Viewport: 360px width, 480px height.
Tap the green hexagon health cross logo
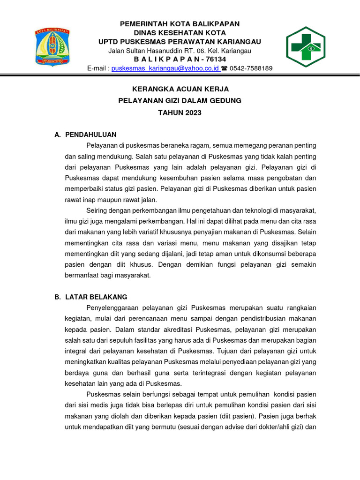pos(306,47)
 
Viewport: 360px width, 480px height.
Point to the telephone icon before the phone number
pos(224,68)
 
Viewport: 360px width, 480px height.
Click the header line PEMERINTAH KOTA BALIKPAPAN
pos(180,24)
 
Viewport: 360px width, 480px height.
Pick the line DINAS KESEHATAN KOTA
pos(180,33)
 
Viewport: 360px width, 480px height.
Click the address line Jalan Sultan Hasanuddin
pos(180,51)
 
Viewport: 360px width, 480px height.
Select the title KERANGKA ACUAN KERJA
pos(180,89)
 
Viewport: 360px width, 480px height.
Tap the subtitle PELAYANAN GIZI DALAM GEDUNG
pos(180,101)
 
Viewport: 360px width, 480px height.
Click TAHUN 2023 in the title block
pos(180,113)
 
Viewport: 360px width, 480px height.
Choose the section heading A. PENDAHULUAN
pos(85,135)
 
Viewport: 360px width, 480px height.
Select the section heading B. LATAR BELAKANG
pos(90,297)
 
